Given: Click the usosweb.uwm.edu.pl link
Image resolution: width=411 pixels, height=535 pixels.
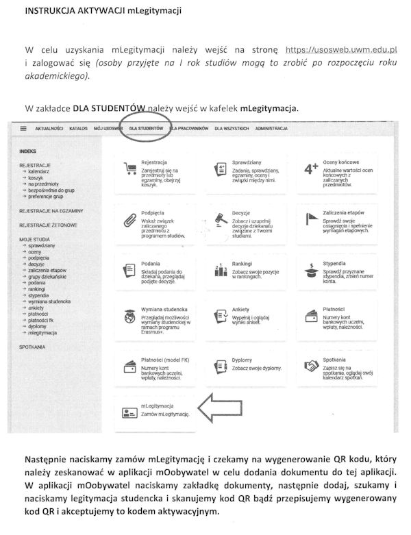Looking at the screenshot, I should point(342,50).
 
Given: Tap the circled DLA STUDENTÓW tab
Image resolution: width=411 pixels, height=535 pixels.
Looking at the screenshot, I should point(146,128).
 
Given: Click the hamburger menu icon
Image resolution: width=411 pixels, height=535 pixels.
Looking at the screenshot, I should point(23,128).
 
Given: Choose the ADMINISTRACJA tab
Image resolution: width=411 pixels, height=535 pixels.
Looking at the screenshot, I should point(271,128).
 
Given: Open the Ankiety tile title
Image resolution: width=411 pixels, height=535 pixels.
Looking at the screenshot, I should point(242,309).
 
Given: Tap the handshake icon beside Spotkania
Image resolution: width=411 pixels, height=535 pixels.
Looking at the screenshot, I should point(312,366).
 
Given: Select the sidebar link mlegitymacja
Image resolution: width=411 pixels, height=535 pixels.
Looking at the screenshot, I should point(42,332).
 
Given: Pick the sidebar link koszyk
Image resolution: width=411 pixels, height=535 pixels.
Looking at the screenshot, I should point(36,178).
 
